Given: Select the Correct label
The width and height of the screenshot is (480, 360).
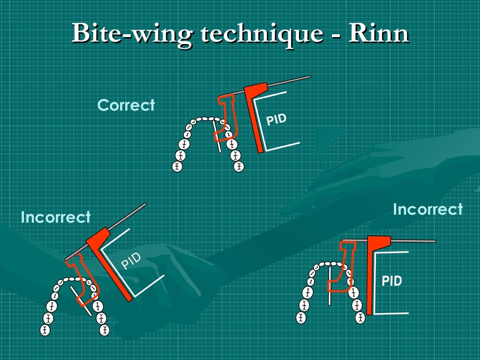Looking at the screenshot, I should pos(126,105).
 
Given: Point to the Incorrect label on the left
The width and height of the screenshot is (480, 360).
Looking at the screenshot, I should pos(56,217).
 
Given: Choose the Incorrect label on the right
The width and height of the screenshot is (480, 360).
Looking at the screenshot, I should pos(427,209).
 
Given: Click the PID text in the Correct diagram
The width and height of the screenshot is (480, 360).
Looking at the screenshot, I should pos(276,120).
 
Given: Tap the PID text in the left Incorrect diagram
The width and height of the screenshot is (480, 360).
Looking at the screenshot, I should pos(131,261).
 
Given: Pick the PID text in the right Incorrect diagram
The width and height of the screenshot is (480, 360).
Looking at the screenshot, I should pos(392,281).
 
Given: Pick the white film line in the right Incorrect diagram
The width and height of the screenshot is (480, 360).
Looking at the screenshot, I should pos(330,286).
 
